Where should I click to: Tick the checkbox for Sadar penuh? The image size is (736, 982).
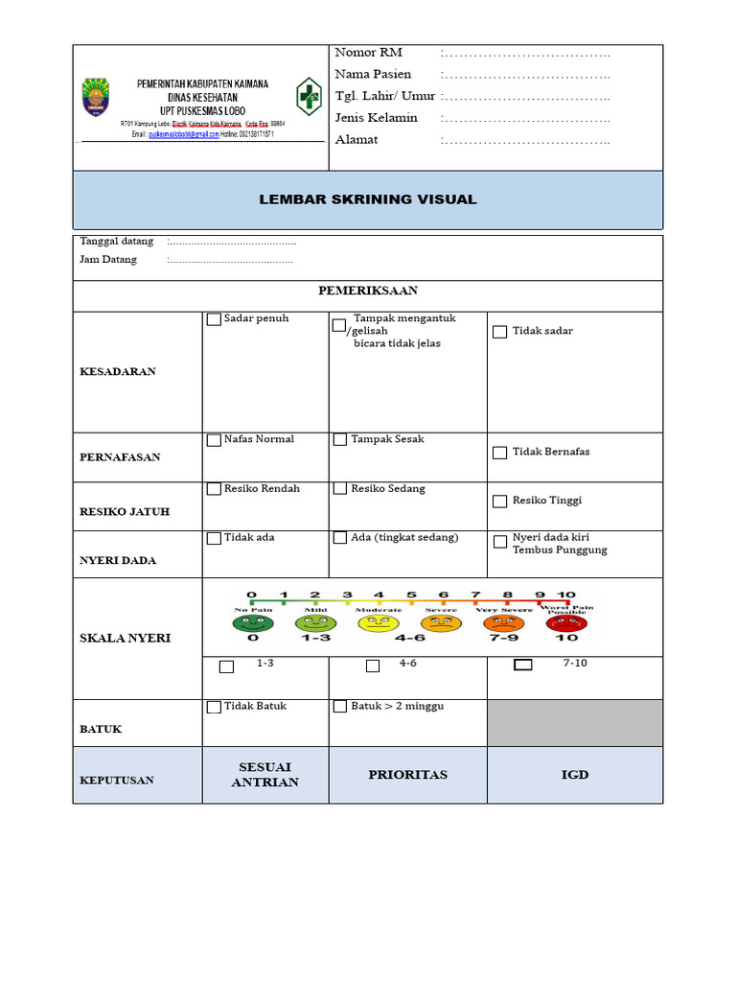214,319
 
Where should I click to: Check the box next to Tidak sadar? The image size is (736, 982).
500,332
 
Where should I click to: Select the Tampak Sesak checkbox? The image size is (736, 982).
340,440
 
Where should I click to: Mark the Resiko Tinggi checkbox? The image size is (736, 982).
500,502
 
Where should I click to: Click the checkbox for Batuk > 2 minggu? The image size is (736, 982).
340,707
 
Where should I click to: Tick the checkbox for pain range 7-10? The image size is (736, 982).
523,665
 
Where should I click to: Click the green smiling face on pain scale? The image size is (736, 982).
253,622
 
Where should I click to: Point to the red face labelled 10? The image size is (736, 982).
566,623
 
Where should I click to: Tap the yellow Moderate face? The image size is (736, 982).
379,623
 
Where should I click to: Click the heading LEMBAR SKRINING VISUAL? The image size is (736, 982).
368,199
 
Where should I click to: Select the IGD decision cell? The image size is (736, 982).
575,775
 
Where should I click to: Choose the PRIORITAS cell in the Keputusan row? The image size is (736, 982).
408,775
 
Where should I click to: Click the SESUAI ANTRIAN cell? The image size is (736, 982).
265,775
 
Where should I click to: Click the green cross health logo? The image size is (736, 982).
309,97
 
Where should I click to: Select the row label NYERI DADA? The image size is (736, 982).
118,560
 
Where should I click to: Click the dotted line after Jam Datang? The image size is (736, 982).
231,260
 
